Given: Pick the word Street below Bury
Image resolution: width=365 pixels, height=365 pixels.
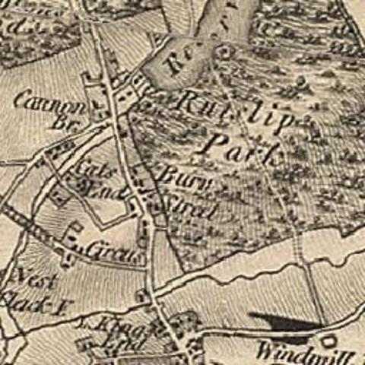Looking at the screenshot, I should (x=185, y=207).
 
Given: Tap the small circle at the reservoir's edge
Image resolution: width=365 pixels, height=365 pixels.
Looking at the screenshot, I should (x=224, y=52).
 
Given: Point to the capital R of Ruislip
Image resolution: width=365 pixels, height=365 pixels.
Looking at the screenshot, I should (x=189, y=101).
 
